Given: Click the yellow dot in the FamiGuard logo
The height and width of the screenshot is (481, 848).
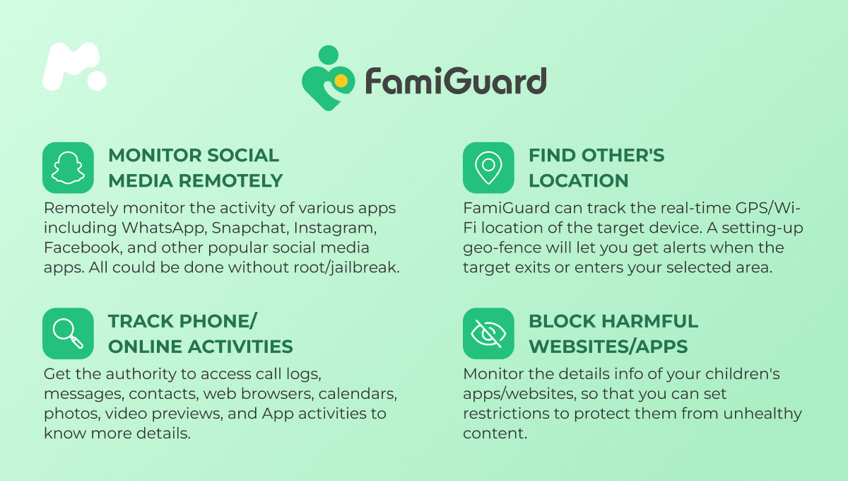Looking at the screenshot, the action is click(x=341, y=81).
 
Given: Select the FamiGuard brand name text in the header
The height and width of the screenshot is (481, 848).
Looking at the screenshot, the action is click(x=456, y=81).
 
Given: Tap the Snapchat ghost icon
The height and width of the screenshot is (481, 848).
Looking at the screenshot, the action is click(x=68, y=168).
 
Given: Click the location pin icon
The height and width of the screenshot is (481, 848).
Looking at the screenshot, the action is click(x=488, y=168).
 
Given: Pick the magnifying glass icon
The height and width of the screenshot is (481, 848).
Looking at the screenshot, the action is click(x=68, y=333).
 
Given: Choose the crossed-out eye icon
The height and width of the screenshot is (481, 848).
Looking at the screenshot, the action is click(x=488, y=333).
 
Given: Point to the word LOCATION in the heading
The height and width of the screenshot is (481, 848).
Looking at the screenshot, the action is click(x=579, y=180).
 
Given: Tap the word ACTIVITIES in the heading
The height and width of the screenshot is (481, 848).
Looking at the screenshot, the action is click(x=240, y=347).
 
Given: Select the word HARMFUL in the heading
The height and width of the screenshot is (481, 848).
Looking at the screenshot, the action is click(x=650, y=321).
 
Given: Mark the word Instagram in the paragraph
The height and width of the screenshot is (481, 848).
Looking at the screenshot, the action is click(x=335, y=228).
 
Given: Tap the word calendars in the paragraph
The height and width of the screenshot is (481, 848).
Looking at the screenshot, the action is click(x=358, y=394).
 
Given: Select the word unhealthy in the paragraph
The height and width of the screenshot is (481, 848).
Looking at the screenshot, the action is click(x=762, y=414).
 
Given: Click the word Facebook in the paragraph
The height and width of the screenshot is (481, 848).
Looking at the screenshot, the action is click(x=83, y=248).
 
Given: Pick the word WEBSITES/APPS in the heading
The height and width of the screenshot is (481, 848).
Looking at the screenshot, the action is click(x=608, y=347).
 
